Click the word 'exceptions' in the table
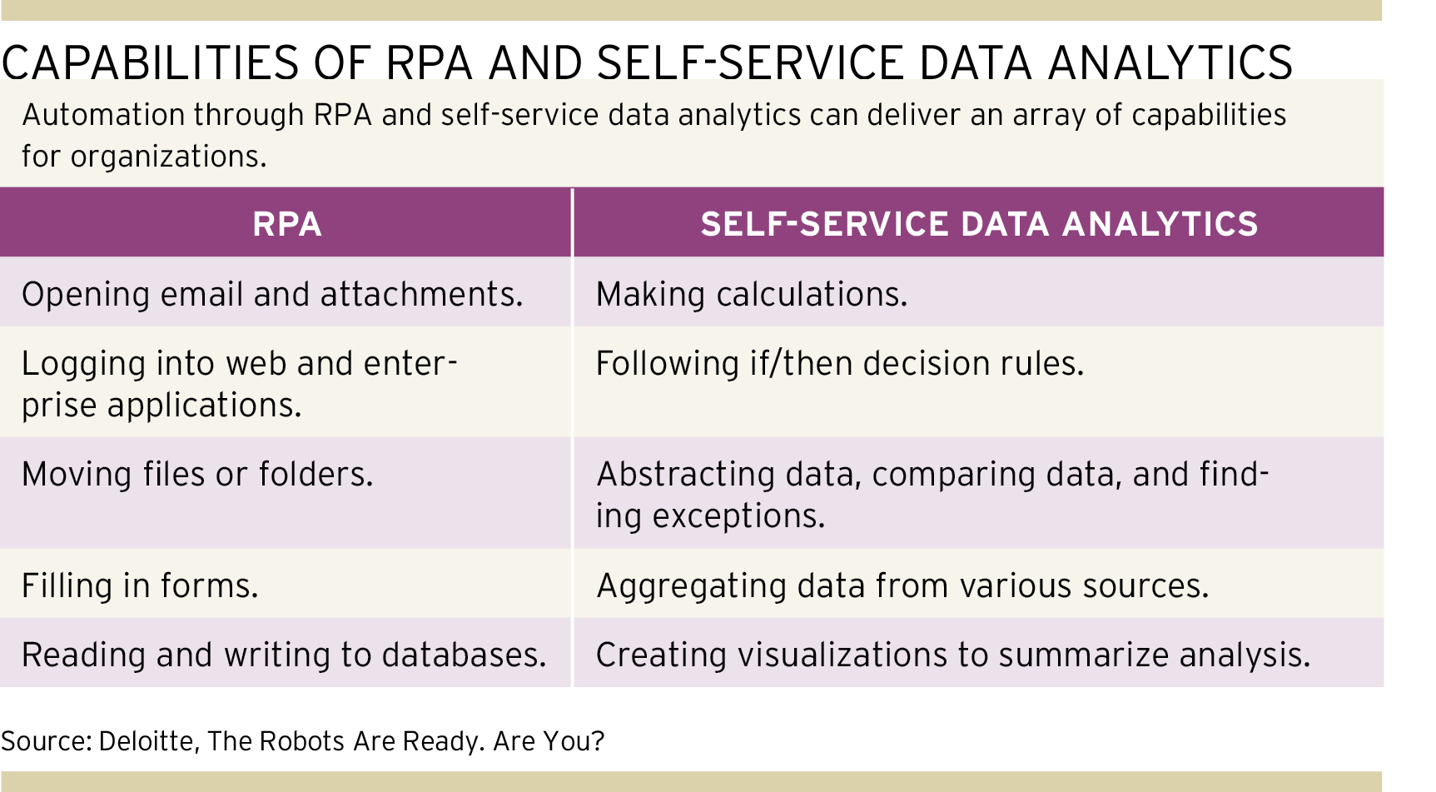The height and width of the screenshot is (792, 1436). [738, 516]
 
